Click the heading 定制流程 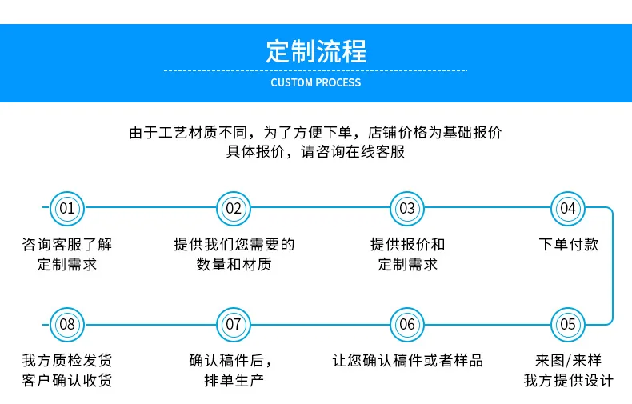click(x=316, y=51)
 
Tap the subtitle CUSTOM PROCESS click(x=316, y=82)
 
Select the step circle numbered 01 click(x=67, y=209)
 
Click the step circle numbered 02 click(x=234, y=209)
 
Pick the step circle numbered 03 click(x=407, y=209)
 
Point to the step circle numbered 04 click(x=567, y=209)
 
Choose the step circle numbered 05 click(x=567, y=324)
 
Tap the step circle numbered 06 click(x=407, y=324)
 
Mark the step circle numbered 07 click(x=234, y=324)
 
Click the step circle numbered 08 click(x=67, y=324)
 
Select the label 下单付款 click(x=568, y=245)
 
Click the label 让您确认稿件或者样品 click(x=407, y=360)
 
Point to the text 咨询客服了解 click(x=67, y=245)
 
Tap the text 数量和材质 click(x=234, y=264)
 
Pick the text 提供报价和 click(x=407, y=245)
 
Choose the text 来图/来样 click(x=568, y=360)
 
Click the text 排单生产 click(x=234, y=380)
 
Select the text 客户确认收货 click(x=67, y=380)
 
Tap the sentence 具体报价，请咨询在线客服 click(x=316, y=152)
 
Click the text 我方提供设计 click(x=568, y=380)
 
